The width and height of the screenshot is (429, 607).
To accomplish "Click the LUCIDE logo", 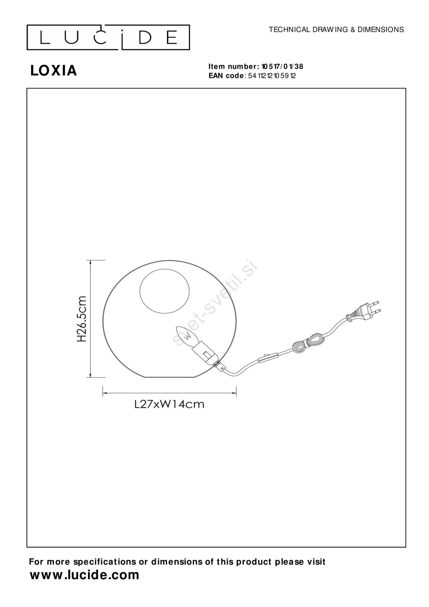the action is click(108, 38).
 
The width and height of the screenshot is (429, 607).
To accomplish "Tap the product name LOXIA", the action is click(53, 71).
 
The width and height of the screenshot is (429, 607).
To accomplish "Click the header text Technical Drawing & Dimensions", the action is click(336, 30).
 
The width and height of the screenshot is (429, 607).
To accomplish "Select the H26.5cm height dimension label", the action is click(81, 319).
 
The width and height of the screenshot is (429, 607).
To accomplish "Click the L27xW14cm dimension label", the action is click(169, 404).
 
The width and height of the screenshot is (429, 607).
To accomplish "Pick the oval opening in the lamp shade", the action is click(164, 291).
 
